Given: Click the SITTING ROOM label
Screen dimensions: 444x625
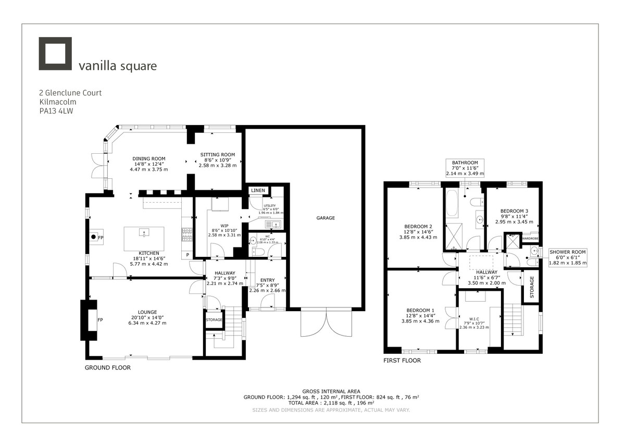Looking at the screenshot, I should click(218, 154).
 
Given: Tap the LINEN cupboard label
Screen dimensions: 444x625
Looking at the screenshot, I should click(257, 191).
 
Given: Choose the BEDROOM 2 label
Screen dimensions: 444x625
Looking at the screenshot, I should click(419, 226).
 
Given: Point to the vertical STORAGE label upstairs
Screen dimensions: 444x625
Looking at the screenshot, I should click(531, 287).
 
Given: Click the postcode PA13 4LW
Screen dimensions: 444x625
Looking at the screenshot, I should click(56, 111).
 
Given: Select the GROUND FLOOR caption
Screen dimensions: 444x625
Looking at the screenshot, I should click(107, 367).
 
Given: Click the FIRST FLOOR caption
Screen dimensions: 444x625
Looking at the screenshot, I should click(402, 360).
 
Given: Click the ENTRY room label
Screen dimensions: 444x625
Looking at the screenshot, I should click(267, 280).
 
